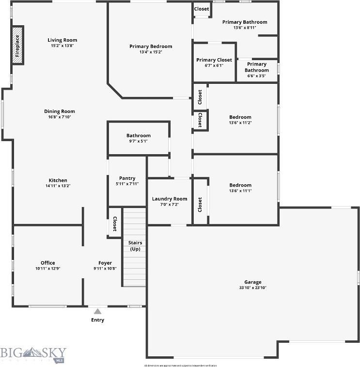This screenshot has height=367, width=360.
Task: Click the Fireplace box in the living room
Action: click(x=18, y=46)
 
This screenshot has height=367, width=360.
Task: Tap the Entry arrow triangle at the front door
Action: click(x=97, y=311)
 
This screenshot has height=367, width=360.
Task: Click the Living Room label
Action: click(x=62, y=40)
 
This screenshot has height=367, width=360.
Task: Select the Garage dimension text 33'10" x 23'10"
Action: click(x=252, y=288)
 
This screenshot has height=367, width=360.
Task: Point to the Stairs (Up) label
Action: click(x=135, y=245)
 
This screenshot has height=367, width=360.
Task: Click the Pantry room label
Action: click(x=127, y=178)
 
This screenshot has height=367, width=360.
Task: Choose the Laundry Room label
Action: click(x=169, y=199)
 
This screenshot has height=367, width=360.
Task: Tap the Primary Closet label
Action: click(x=214, y=60)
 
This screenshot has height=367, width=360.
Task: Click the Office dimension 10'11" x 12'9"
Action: click(x=47, y=269)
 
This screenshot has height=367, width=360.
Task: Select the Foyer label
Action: click(x=105, y=263)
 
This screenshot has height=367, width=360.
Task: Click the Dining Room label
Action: click(x=60, y=112)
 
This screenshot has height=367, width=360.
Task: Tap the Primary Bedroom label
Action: click(x=151, y=47)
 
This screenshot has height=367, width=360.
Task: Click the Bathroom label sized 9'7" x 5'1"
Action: click(x=139, y=136)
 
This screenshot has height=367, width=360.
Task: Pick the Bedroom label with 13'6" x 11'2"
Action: click(x=240, y=117)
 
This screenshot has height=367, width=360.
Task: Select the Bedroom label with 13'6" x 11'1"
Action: click(x=240, y=185)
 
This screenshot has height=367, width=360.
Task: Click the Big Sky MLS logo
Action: click(x=33, y=354)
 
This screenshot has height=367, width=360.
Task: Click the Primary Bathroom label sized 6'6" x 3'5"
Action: click(x=257, y=67)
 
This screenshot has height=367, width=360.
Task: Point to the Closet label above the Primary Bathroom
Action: click(x=202, y=9)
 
